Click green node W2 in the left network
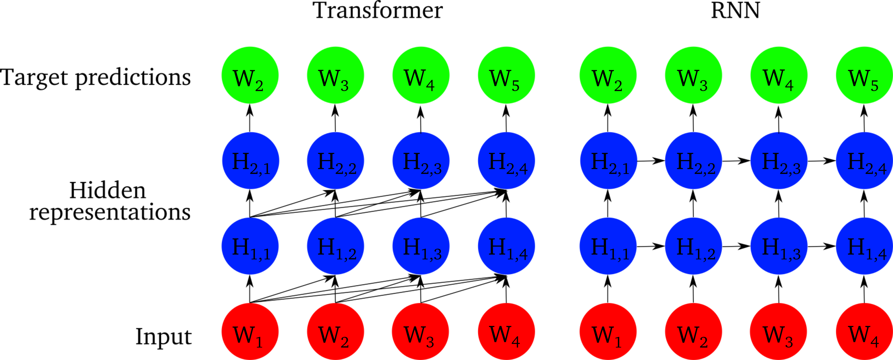(250, 75)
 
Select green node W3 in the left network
(335, 75)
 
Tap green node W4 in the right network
(779, 75)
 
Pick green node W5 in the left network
(506, 75)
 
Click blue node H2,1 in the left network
(250, 161)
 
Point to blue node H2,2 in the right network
(693, 161)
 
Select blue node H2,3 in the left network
(421, 161)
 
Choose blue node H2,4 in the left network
(506, 161)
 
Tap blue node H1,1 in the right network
(608, 246)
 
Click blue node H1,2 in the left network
(335, 246)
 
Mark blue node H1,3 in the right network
(779, 246)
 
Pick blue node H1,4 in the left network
(506, 246)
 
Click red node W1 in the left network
(250, 332)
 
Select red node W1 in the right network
(608, 332)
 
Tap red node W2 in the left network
(335, 332)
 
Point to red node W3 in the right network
(778, 332)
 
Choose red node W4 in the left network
(506, 332)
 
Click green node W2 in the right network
(608, 75)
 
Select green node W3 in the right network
(693, 75)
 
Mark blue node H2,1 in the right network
(608, 161)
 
